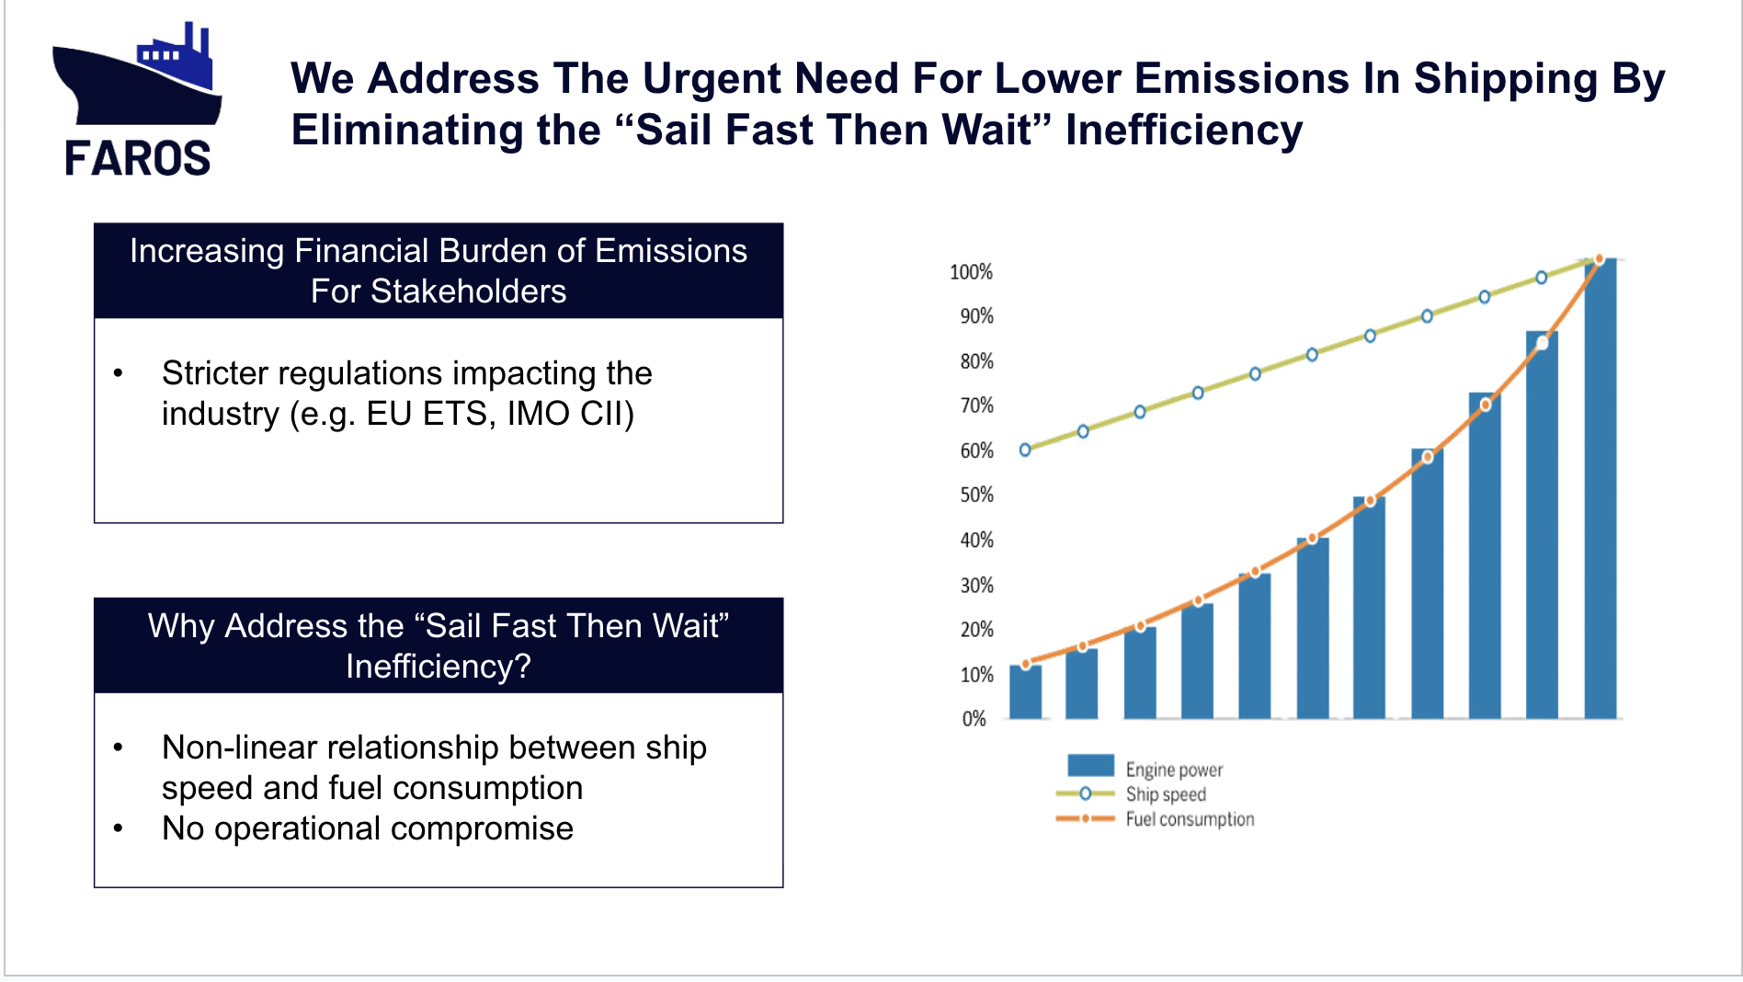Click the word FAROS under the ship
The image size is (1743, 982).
[138, 158]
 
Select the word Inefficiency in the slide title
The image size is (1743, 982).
[1183, 131]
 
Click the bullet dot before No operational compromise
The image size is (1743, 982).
[118, 828]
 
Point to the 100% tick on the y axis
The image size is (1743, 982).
[971, 272]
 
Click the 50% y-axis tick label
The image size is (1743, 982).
[976, 496]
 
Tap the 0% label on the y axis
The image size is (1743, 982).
[974, 719]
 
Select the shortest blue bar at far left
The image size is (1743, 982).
[1025, 691]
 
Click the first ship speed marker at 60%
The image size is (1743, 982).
[1025, 450]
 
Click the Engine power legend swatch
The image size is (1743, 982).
[1090, 766]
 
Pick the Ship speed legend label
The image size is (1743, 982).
[1166, 794]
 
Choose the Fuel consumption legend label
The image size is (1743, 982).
[1190, 819]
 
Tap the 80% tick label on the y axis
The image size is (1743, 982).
[976, 361]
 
